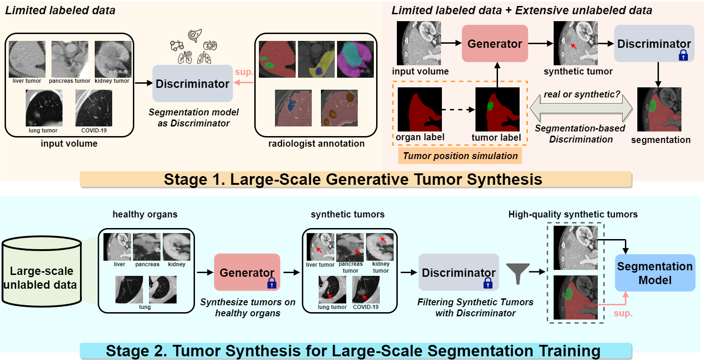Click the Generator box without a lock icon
(x=495, y=44)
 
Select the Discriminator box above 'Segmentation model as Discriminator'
(x=192, y=84)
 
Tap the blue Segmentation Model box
(x=655, y=273)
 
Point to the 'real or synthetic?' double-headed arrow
(x=581, y=110)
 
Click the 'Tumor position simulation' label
(x=460, y=155)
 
